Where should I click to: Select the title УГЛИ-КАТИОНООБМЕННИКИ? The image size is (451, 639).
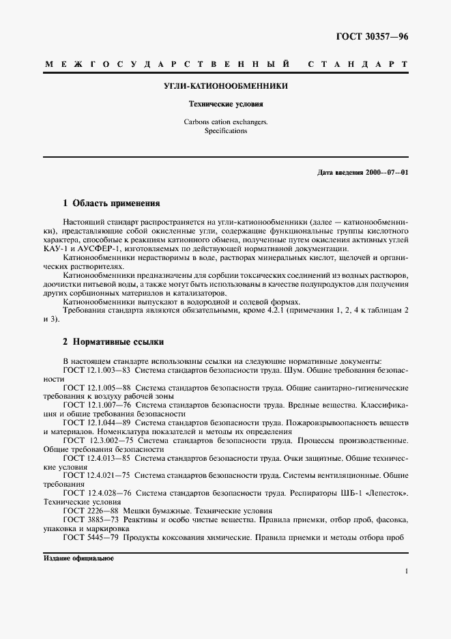[226, 87]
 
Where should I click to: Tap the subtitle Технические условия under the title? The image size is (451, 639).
[226, 104]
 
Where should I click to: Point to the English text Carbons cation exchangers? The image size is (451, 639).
[226, 122]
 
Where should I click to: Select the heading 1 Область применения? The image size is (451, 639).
[111, 203]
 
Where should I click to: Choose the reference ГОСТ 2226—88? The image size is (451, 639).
[89, 511]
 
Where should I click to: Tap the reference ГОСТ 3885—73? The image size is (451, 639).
[89, 520]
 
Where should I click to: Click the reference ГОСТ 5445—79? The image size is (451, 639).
[89, 537]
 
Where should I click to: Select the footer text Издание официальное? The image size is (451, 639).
[78, 558]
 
